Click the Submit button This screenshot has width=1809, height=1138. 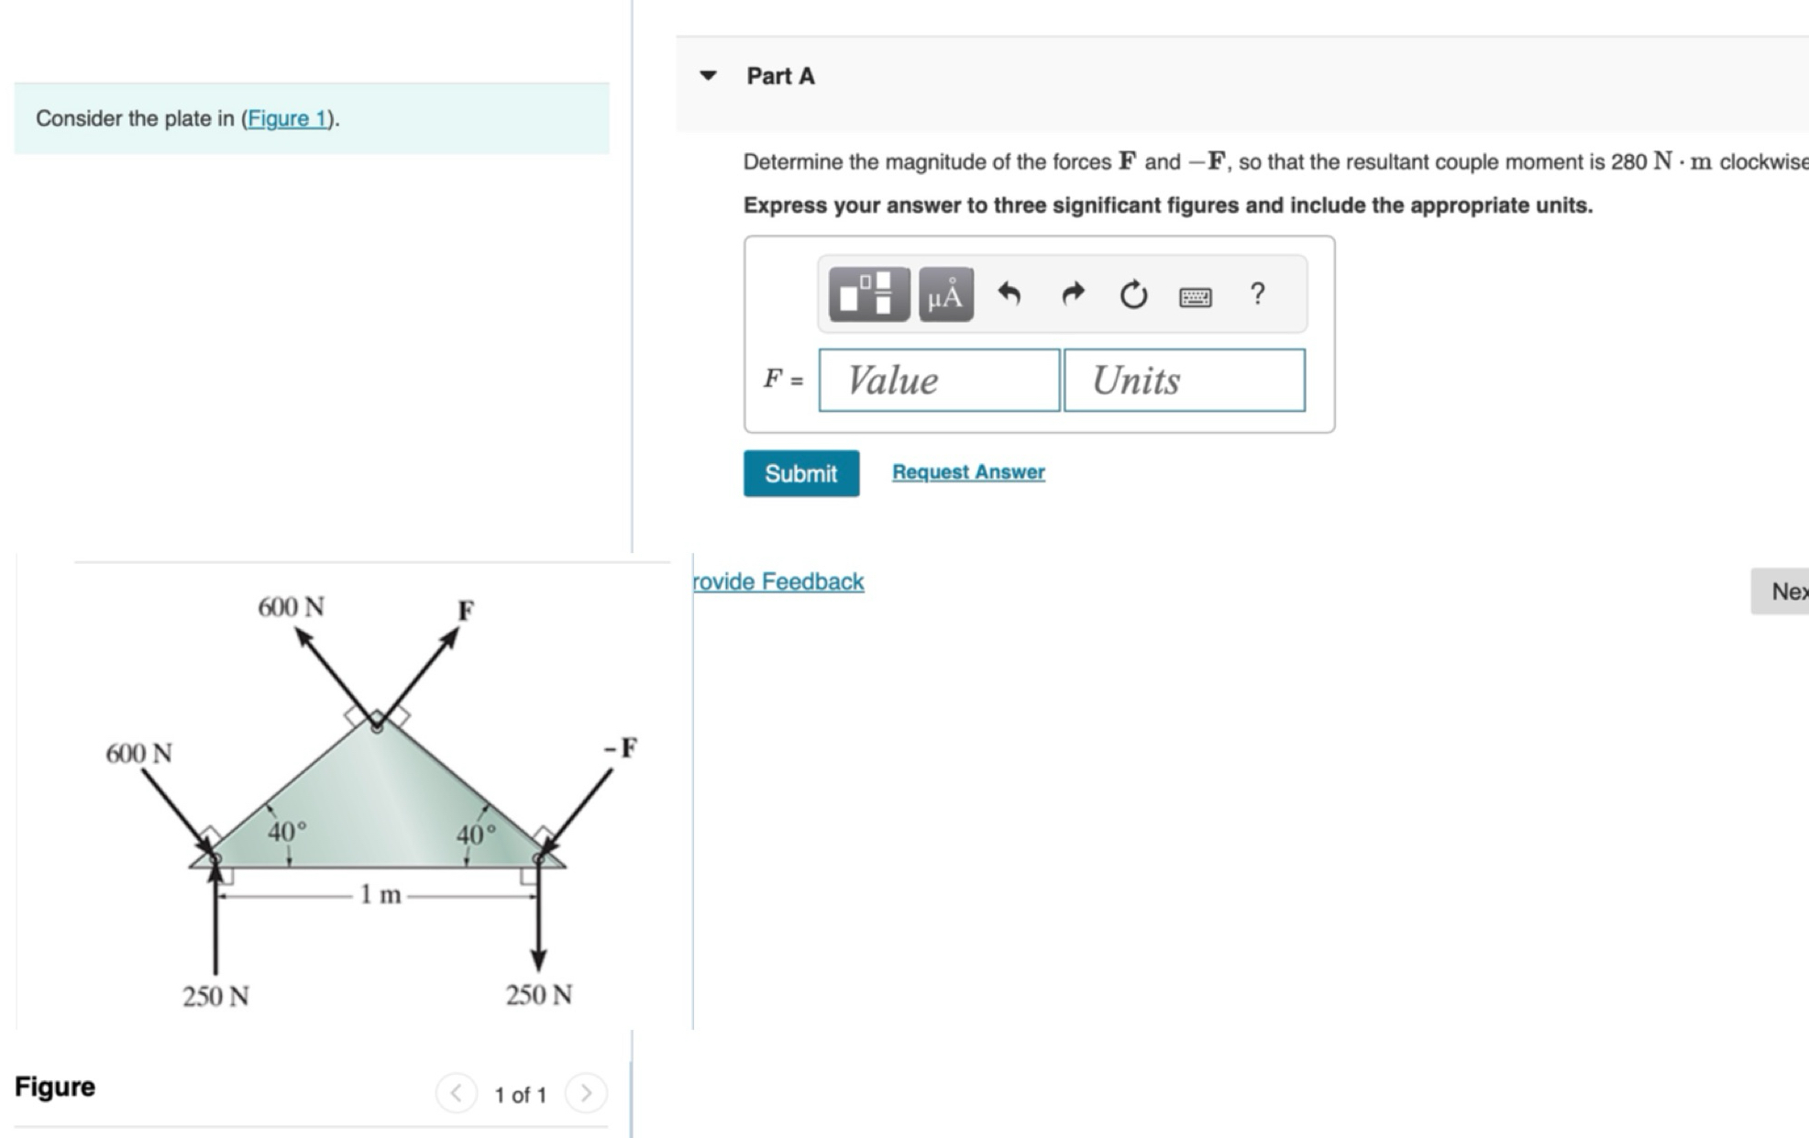(x=800, y=473)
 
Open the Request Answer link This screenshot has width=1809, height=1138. (x=968, y=471)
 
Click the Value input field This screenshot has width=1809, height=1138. (x=939, y=380)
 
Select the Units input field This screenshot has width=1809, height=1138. (x=1184, y=380)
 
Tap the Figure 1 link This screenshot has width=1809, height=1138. (x=287, y=118)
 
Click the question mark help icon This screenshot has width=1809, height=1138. (x=1257, y=293)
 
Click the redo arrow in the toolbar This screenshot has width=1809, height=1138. (x=1072, y=293)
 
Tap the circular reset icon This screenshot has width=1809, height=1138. (x=1133, y=294)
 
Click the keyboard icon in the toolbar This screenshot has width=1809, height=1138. (x=1195, y=296)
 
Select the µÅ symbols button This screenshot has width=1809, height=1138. (x=945, y=294)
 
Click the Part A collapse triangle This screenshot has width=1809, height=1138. (x=708, y=75)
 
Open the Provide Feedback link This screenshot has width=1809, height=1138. (x=778, y=581)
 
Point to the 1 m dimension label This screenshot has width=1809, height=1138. (x=381, y=894)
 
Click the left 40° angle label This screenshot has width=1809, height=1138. (x=287, y=832)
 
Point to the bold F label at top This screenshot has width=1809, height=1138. (x=466, y=611)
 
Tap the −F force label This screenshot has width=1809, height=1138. (x=621, y=748)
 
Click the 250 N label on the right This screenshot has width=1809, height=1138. (x=538, y=995)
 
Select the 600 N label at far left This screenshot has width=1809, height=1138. (x=138, y=754)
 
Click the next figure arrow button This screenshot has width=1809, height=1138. (x=586, y=1093)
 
